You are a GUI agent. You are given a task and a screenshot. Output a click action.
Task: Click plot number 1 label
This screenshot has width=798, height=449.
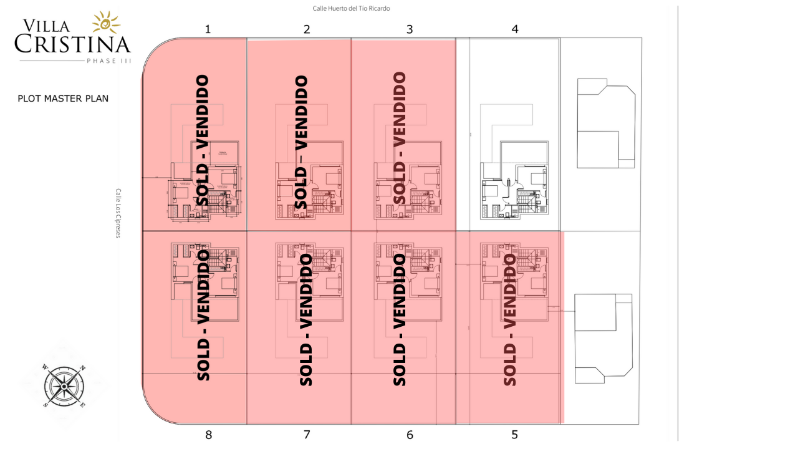pyautogui.click(x=208, y=29)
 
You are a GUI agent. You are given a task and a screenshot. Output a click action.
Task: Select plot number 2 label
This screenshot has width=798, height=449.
pyautogui.click(x=307, y=29)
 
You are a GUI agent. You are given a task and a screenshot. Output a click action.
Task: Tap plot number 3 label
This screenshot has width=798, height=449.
pyautogui.click(x=410, y=29)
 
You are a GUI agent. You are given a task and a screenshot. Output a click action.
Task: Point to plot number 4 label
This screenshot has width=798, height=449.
pyautogui.click(x=514, y=29)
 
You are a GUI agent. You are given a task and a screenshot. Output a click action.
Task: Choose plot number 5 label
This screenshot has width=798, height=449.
pyautogui.click(x=514, y=435)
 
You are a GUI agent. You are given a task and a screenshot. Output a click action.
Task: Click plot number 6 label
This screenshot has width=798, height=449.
pyautogui.click(x=410, y=435)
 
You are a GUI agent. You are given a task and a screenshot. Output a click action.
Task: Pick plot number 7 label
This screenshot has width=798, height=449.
pyautogui.click(x=307, y=435)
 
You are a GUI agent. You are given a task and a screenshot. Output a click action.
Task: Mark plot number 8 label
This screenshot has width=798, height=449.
pyautogui.click(x=208, y=435)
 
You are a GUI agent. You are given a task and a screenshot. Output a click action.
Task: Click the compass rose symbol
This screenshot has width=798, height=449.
pyautogui.click(x=64, y=386)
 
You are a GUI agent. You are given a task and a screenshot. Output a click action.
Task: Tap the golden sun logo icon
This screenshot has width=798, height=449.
pyautogui.click(x=106, y=22)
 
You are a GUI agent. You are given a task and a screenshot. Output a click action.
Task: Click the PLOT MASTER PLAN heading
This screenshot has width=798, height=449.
pyautogui.click(x=63, y=99)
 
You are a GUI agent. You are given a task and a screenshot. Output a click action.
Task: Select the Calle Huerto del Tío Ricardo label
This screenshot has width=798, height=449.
pyautogui.click(x=352, y=9)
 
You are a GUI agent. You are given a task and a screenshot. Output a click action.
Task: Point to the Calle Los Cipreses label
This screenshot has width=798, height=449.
pyautogui.click(x=118, y=213)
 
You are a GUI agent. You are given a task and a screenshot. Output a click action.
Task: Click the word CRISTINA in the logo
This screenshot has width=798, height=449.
pyautogui.click(x=73, y=44)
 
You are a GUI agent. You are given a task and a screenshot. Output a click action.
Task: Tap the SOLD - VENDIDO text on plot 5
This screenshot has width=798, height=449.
pyautogui.click(x=510, y=319)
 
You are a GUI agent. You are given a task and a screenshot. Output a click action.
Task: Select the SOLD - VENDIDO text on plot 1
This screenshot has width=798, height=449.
pyautogui.click(x=203, y=140)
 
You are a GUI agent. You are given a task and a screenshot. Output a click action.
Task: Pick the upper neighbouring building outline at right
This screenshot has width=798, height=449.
pyautogui.click(x=605, y=123)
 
